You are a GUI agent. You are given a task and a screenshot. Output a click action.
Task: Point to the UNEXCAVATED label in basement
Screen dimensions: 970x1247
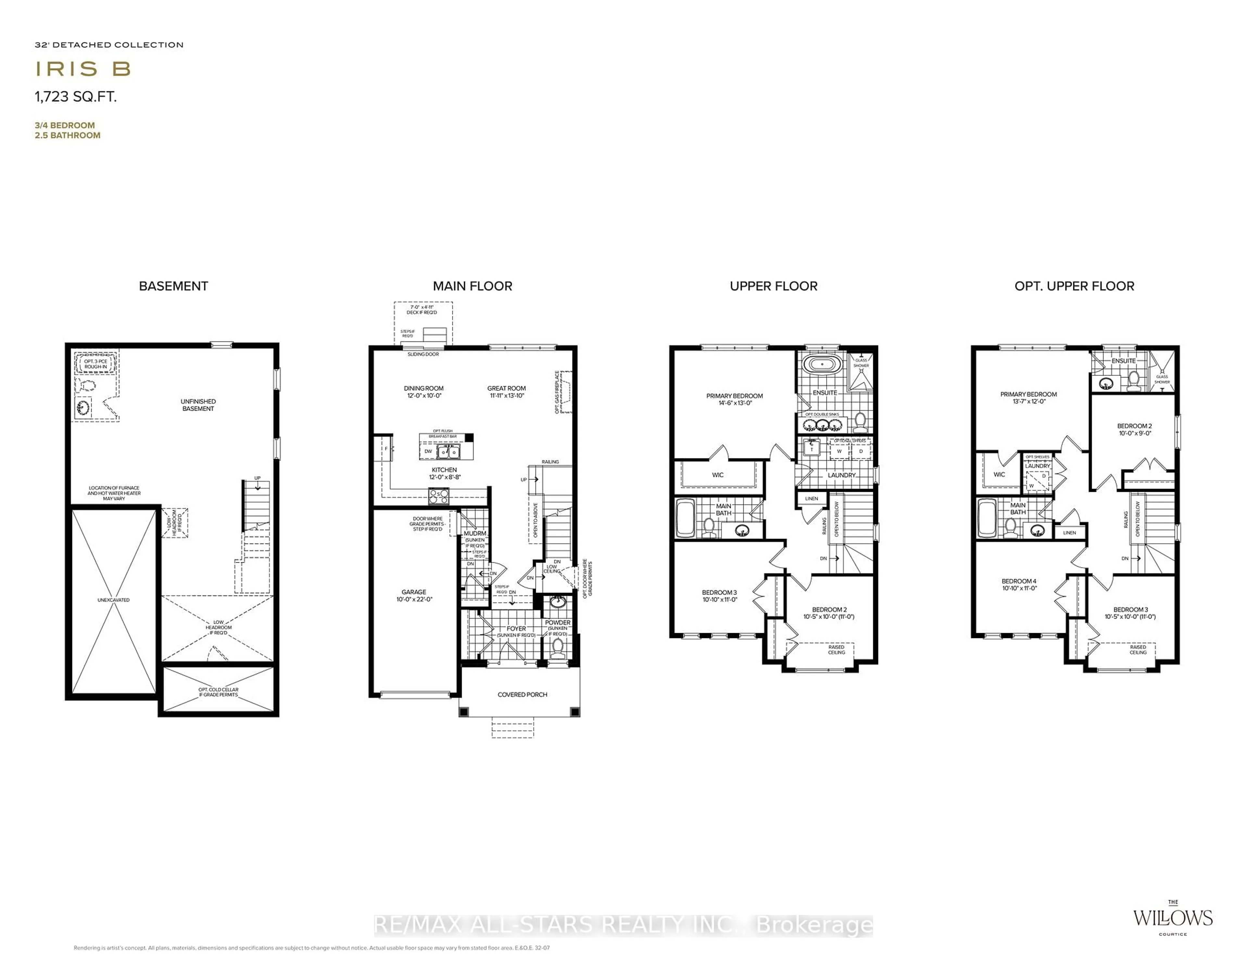(113, 600)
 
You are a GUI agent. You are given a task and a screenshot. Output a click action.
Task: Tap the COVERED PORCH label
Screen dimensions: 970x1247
(522, 695)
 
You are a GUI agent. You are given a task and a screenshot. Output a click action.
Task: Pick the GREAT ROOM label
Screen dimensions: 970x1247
(507, 391)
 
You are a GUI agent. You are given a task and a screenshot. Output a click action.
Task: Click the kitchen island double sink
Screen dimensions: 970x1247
(448, 452)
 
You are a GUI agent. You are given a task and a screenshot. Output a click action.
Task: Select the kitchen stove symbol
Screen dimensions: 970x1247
(438, 496)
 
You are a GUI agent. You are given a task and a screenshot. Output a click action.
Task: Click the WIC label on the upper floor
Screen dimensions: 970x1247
(718, 475)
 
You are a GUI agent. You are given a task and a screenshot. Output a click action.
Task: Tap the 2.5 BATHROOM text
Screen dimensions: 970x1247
(67, 135)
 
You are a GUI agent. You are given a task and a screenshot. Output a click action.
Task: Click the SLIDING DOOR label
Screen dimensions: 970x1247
(423, 354)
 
